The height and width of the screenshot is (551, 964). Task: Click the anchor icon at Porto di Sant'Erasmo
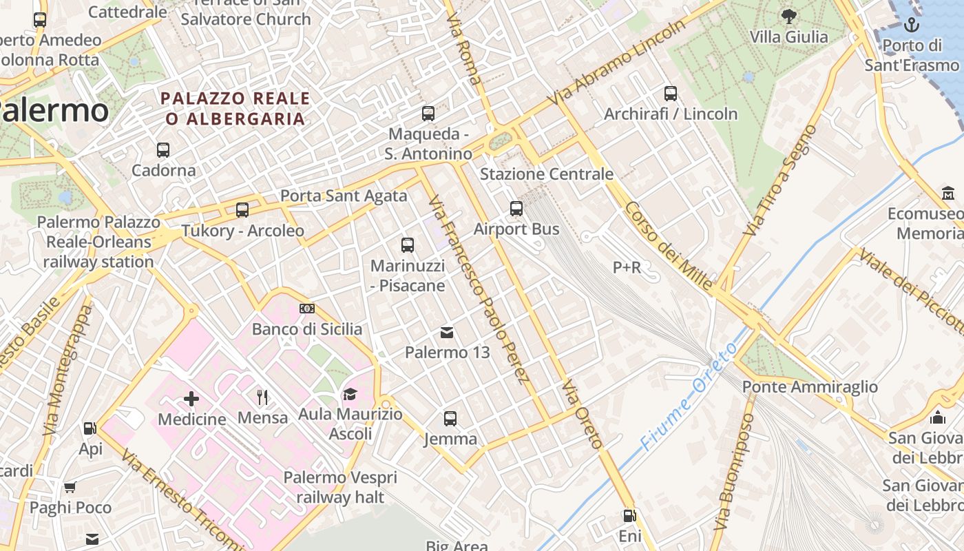912,26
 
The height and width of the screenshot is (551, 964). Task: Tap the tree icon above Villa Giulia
789,17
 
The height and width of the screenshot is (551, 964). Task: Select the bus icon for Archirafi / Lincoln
671,94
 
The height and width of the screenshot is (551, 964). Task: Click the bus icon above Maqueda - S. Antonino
428,114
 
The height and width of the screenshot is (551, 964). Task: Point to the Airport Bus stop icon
516,209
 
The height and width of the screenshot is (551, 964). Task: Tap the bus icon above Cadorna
163,150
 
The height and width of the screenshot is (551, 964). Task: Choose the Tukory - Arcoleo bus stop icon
242,210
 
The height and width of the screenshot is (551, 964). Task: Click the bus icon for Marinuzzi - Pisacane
408,245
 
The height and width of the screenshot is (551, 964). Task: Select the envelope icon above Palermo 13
447,333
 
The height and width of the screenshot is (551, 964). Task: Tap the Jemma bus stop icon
450,419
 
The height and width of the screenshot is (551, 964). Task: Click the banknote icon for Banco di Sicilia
307,309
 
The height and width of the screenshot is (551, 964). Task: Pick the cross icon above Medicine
191,399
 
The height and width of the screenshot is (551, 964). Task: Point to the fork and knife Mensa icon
262,397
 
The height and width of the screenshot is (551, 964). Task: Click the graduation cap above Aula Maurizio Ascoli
350,395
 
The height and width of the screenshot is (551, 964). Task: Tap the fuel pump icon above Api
90,428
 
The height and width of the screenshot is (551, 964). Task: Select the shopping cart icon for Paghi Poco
70,488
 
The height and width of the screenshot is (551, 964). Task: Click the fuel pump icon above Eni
629,516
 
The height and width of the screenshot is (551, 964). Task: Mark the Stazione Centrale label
546,174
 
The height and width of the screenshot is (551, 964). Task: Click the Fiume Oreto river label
689,398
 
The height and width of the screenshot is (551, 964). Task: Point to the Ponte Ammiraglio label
810,387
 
